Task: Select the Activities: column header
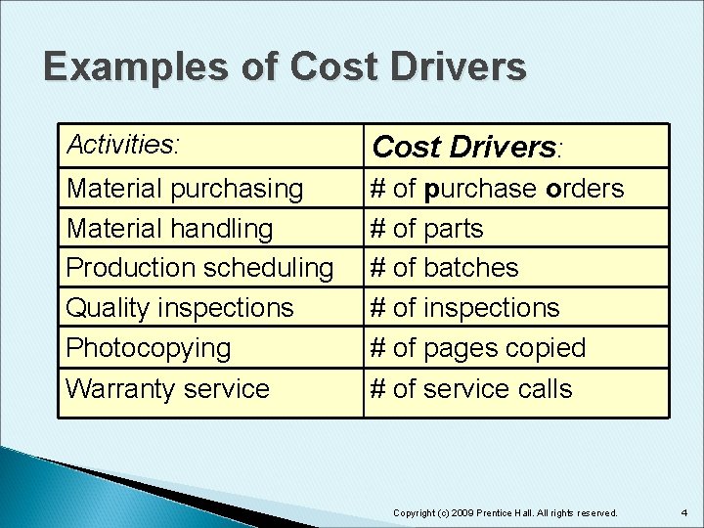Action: click(123, 146)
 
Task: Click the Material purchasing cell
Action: click(184, 188)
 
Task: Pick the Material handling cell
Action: click(169, 228)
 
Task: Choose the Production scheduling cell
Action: click(199, 267)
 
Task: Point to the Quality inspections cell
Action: click(179, 307)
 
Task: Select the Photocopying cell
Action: click(148, 347)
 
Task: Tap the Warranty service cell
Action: click(167, 388)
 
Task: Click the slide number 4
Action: click(684, 511)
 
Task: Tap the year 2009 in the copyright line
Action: click(464, 512)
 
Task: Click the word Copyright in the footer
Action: click(415, 512)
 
